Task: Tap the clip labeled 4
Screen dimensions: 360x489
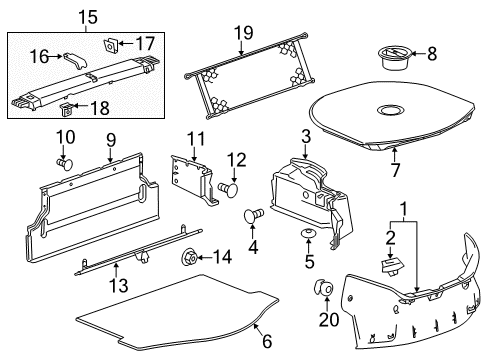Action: tap(254, 215)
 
